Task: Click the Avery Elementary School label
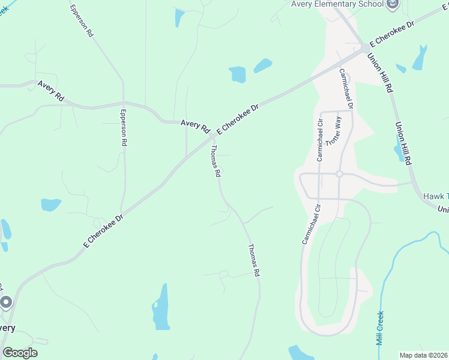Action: click(x=337, y=4)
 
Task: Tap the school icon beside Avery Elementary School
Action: click(x=393, y=5)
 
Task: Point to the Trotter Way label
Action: click(x=332, y=130)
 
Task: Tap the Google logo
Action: click(x=20, y=353)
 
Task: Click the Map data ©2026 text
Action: click(x=424, y=355)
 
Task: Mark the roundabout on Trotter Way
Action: click(x=339, y=174)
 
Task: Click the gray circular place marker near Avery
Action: click(x=6, y=302)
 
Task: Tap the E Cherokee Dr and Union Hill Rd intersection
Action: click(x=365, y=47)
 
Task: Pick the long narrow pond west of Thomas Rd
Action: click(x=160, y=307)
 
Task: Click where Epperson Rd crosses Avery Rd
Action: click(x=124, y=103)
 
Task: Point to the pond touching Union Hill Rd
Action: click(x=399, y=149)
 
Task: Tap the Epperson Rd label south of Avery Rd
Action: click(x=124, y=128)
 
